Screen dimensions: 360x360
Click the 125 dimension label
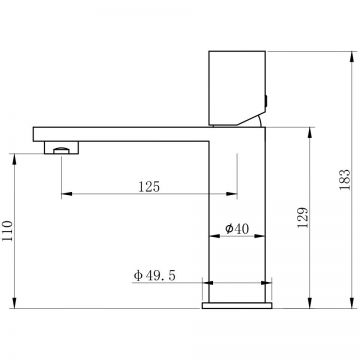point(149,187)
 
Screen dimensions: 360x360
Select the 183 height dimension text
point(345,180)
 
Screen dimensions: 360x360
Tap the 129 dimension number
point(303,218)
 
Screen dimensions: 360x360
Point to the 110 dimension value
point(7,231)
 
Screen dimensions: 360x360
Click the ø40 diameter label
point(237,229)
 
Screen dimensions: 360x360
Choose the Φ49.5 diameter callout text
point(154,276)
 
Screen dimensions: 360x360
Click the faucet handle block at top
point(237,89)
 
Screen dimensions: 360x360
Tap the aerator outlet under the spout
point(62,147)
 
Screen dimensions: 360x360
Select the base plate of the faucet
point(237,305)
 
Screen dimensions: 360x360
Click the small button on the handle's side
point(266,101)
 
